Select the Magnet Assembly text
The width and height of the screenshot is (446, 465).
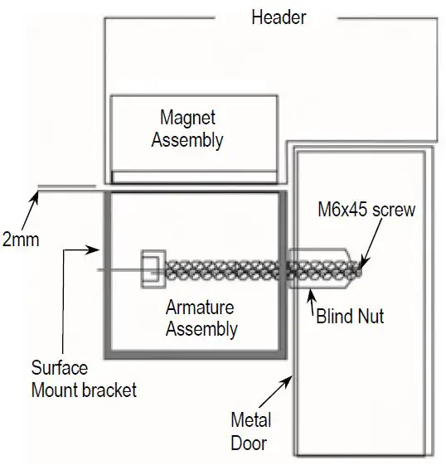point(187,129)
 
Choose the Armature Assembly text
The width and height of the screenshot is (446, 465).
point(201,318)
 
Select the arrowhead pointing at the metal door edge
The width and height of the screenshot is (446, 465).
point(289,378)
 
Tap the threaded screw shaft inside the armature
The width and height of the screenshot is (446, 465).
point(224,269)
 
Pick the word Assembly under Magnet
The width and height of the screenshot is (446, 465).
point(187,140)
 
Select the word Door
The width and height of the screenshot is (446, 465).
point(249,443)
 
